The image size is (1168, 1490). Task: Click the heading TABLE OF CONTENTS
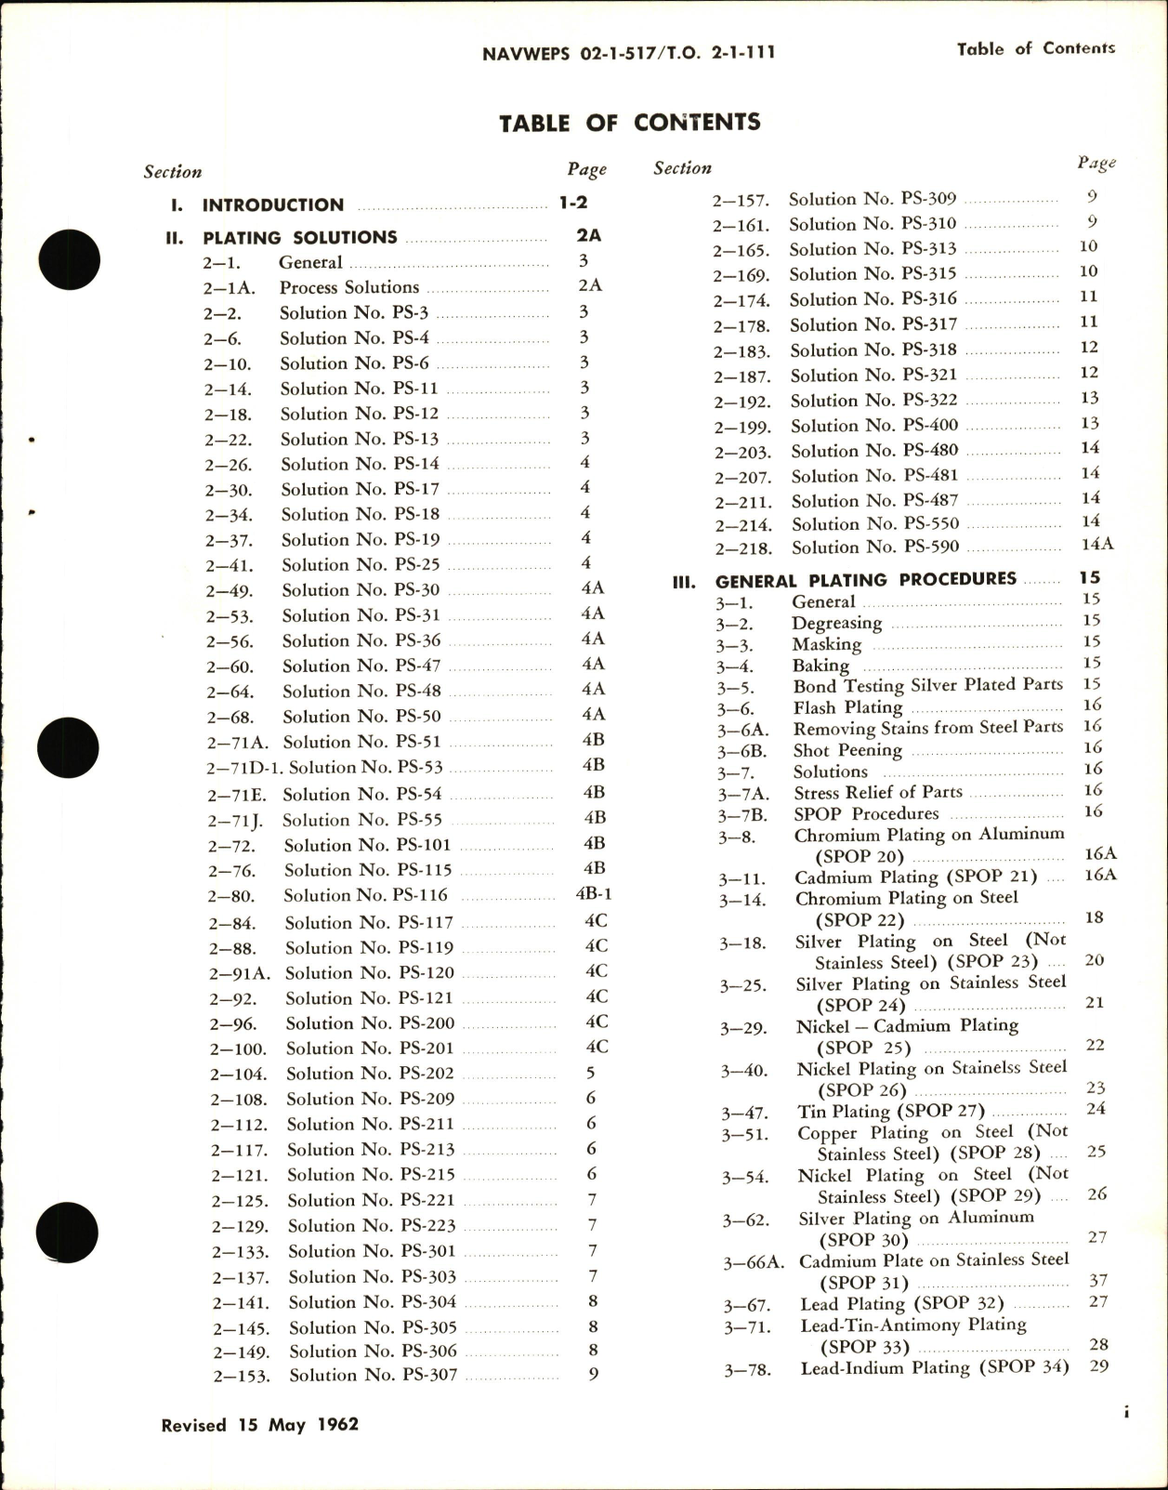[629, 123]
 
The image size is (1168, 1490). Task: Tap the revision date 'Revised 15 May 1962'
[260, 1424]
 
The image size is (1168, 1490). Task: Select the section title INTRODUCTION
[273, 204]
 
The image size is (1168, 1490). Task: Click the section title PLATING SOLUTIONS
[299, 237]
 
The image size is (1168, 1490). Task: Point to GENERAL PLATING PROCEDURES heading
[865, 579]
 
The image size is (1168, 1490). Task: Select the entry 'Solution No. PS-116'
[365, 895]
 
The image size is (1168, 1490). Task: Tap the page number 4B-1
[594, 894]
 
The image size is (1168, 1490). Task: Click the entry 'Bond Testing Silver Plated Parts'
[927, 685]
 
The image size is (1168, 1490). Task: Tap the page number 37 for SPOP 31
[1096, 1281]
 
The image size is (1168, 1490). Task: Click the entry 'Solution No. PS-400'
[874, 426]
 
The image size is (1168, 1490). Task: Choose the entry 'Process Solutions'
[349, 287]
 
